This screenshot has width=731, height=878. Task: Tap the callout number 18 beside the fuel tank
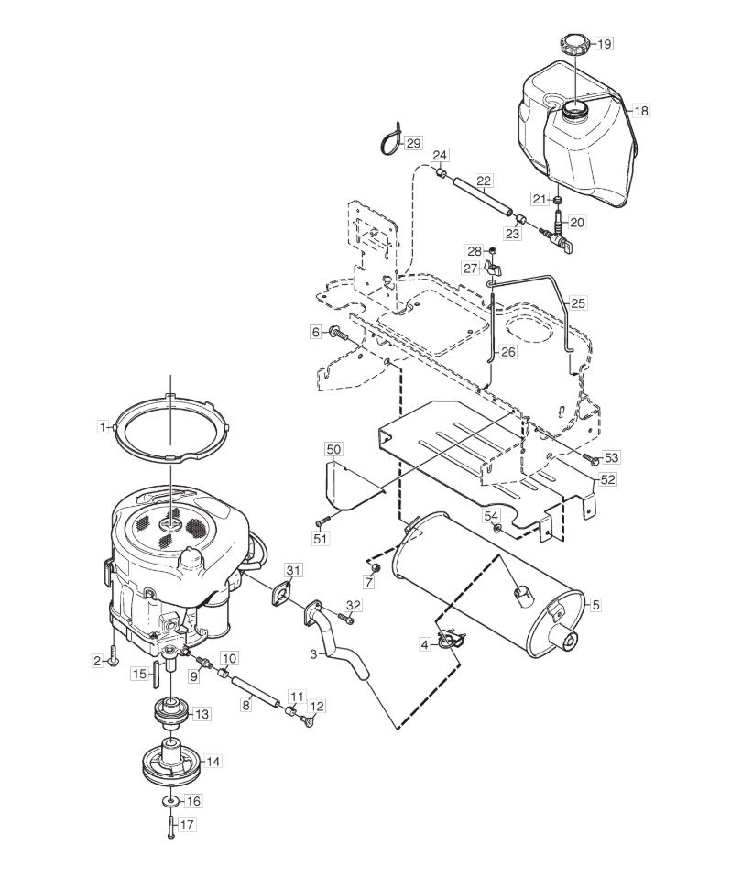(x=641, y=111)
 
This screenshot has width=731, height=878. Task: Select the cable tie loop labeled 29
(x=390, y=141)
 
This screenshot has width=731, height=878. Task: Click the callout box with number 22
(x=483, y=181)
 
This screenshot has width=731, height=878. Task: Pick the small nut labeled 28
(x=493, y=249)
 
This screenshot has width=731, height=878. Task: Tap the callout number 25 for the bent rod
(x=578, y=303)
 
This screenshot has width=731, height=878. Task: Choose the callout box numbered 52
(x=607, y=479)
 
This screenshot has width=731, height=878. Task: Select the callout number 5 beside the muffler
(x=595, y=605)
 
